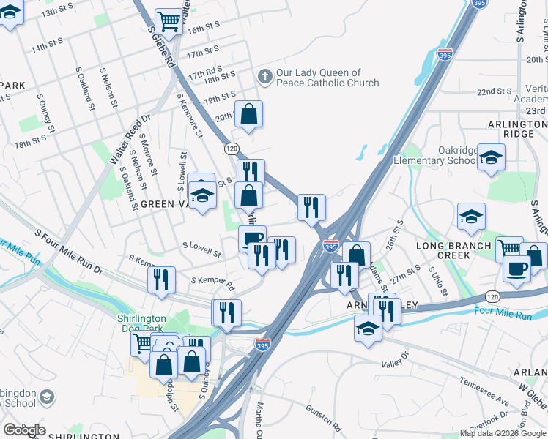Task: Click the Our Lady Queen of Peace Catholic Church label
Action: pos(318,78)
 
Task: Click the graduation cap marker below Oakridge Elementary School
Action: pos(491,157)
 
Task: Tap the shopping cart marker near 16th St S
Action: pos(169,23)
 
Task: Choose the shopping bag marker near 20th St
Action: pos(248,115)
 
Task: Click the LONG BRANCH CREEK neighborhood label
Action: pos(453,250)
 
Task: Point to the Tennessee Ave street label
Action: pos(484,392)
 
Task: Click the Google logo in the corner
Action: pos(24,430)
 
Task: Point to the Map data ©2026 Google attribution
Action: pos(503,433)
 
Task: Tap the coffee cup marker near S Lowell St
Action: pos(252,239)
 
